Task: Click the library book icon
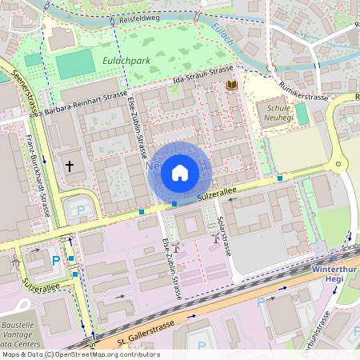click(232, 85)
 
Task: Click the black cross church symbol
click(70, 166)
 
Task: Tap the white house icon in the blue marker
click(180, 172)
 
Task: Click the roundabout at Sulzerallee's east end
click(338, 166)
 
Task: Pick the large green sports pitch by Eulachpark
click(74, 64)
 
